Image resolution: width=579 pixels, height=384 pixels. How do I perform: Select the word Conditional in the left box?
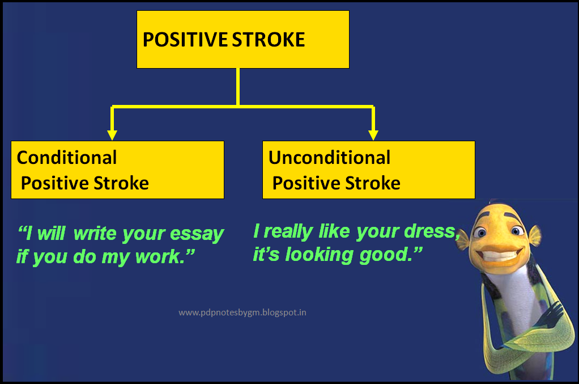tap(67, 157)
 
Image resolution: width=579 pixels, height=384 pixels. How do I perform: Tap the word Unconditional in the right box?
tap(329, 157)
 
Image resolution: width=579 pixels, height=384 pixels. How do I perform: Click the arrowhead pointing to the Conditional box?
tap(112, 134)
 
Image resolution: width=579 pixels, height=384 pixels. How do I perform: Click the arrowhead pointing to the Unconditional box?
tap(373, 134)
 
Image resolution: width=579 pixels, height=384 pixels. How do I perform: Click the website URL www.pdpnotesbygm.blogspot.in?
tap(242, 312)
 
